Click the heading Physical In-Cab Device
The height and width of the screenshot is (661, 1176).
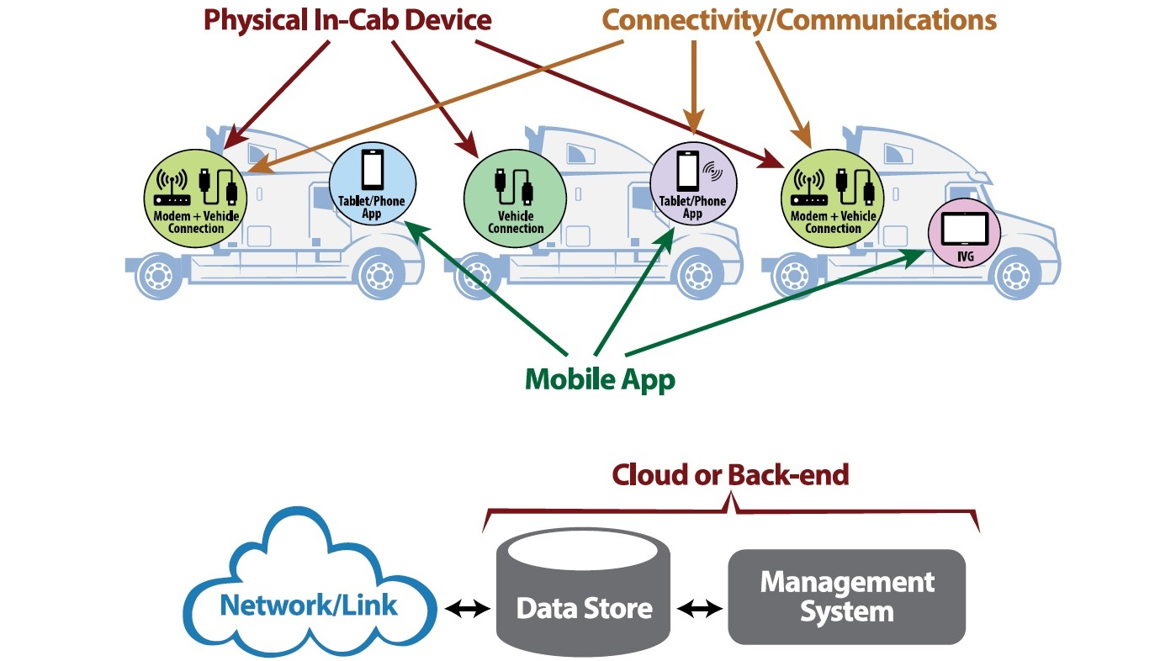point(347,20)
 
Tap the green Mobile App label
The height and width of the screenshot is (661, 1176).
point(600,379)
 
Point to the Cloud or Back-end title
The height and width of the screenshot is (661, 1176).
point(730,475)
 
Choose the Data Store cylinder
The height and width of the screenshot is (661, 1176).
point(584,593)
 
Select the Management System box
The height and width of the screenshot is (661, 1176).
point(846,596)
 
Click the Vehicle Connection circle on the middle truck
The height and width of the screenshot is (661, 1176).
point(515,197)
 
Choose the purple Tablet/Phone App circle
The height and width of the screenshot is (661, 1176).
point(692,183)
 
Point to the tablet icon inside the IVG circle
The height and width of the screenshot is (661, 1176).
point(964,227)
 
